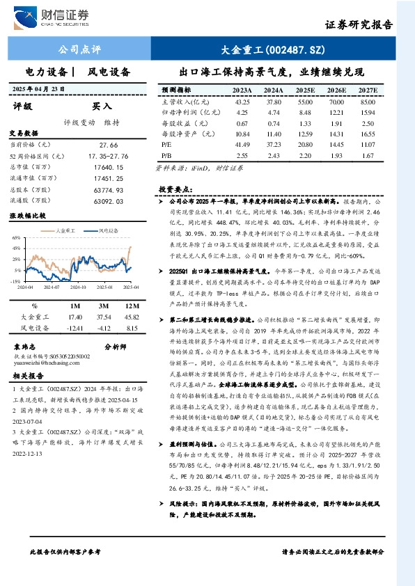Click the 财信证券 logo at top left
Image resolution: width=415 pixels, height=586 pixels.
pyautogui.click(x=53, y=15)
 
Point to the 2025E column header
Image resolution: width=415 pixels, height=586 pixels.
pyautogui.click(x=304, y=90)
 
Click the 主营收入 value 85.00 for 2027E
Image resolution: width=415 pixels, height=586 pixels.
pyautogui.click(x=368, y=102)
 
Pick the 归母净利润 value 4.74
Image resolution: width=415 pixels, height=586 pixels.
pyautogui.click(x=273, y=112)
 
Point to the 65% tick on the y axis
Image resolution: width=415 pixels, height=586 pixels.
pyautogui.click(x=15, y=237)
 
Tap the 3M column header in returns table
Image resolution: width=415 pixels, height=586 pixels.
pyautogui.click(x=104, y=306)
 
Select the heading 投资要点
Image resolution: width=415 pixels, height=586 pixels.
pyautogui.click(x=174, y=189)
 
